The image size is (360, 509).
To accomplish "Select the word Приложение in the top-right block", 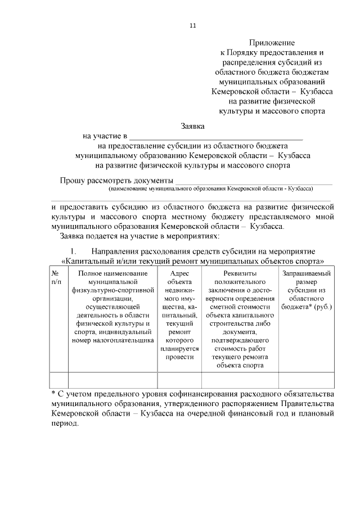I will point(272,43).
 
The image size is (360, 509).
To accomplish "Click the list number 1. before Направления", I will point(73,250).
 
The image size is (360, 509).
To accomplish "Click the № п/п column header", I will point(56,277).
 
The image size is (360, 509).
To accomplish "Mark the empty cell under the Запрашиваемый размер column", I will point(306,380).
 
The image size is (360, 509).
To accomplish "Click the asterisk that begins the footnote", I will point(53,392).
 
